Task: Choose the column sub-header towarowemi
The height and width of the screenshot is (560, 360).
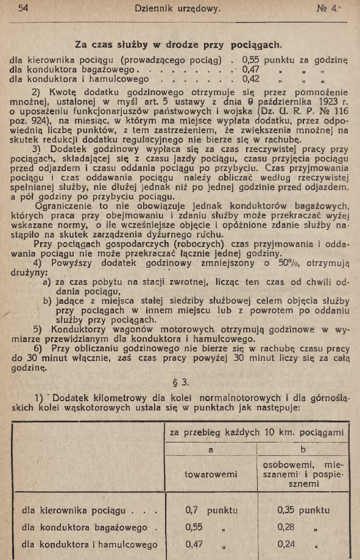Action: [x=210, y=475]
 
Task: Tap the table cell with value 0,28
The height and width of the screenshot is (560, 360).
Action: [x=286, y=527]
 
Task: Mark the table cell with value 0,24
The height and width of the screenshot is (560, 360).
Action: [x=286, y=544]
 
